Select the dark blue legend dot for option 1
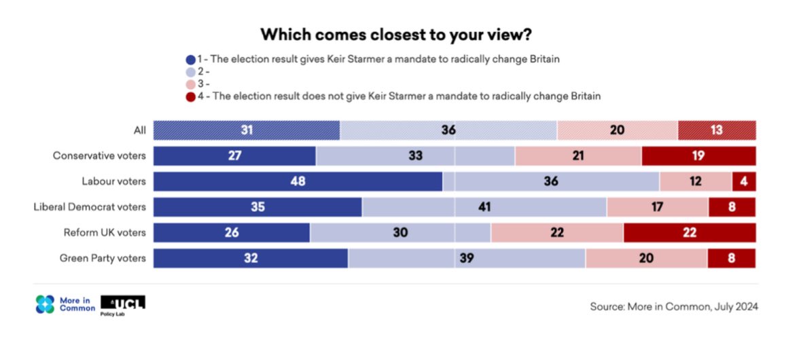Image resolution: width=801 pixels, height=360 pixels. [190, 59]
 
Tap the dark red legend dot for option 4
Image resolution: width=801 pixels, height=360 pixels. [190, 96]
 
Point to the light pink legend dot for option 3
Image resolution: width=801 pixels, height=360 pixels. [190, 84]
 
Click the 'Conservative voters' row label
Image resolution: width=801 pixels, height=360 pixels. [99, 156]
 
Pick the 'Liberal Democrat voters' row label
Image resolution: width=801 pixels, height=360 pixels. [90, 206]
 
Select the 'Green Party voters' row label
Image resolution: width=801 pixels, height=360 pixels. [103, 258]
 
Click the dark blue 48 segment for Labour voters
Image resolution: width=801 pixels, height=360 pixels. [298, 181]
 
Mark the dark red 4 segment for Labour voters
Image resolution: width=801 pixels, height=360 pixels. [743, 181]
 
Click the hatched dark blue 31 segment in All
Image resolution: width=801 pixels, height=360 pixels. [247, 130]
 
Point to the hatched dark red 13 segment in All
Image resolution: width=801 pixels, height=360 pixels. [716, 130]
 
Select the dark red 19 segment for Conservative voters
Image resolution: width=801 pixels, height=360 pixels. [698, 156]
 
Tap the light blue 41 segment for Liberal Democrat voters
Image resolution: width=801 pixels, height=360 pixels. [484, 206]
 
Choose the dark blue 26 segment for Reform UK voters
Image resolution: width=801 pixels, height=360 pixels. [232, 232]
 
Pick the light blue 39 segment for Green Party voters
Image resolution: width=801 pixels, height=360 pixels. [466, 258]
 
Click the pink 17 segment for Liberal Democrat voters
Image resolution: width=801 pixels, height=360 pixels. [657, 206]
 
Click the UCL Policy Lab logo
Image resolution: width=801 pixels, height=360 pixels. [122, 305]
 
